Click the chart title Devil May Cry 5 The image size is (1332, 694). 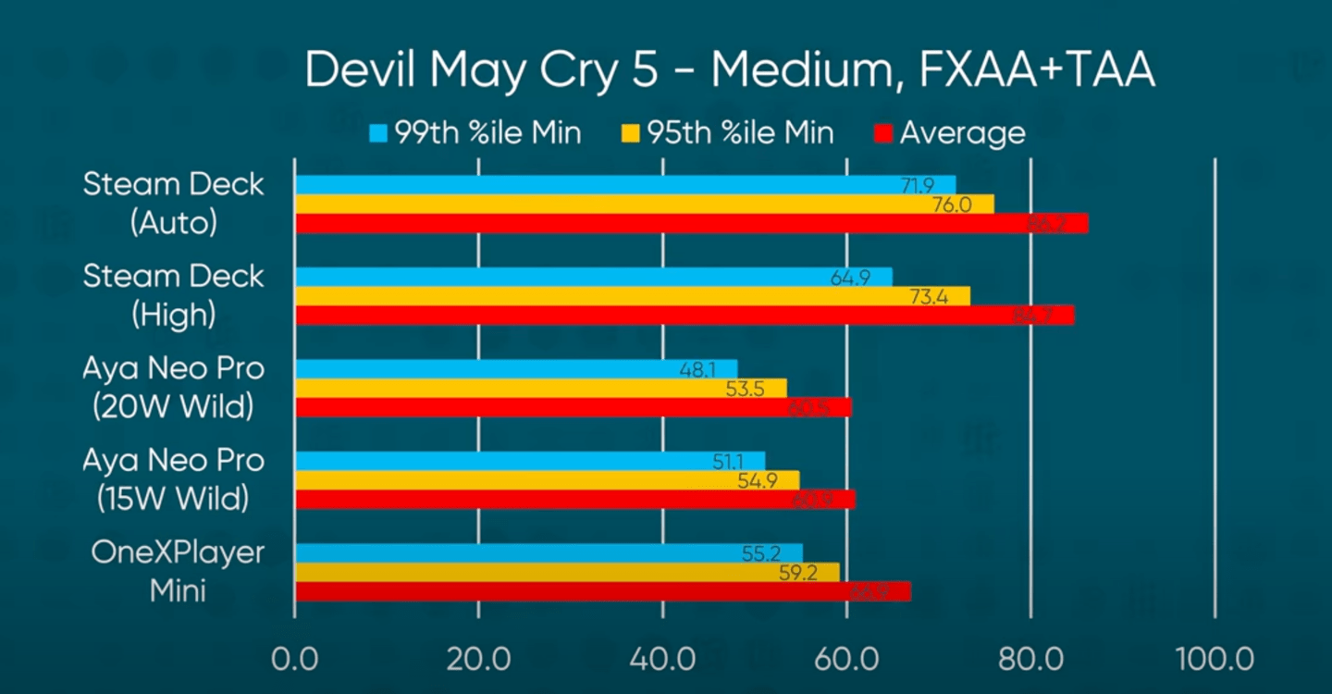coord(729,71)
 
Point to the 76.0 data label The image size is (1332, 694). coord(952,204)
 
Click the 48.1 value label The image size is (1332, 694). coord(697,369)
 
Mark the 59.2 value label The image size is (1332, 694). coord(797,573)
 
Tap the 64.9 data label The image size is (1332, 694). coord(850,278)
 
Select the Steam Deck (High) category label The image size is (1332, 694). coord(173,295)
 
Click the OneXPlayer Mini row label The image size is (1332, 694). coord(178,571)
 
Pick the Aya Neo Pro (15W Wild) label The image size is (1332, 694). coord(173,479)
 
